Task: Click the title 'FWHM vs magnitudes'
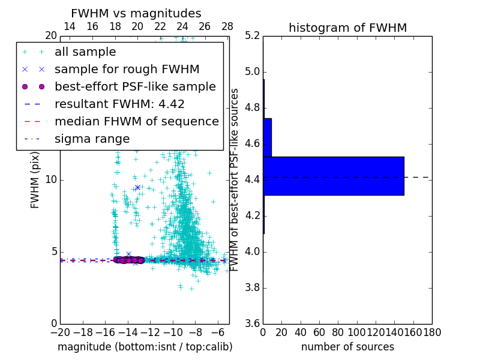136,13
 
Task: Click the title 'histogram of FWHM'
347,28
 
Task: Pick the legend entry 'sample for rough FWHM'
127,69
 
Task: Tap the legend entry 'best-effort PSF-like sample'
135,86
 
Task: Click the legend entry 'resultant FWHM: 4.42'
119,104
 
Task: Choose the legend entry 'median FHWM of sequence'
136,121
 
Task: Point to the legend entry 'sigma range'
92,139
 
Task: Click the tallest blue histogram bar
334,176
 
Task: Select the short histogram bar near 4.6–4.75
267,137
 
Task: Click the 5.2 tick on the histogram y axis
252,36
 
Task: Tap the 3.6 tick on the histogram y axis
252,323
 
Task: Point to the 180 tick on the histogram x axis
432,332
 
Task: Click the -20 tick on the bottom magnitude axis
60,332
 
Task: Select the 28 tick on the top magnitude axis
227,26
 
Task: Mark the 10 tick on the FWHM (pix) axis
51,180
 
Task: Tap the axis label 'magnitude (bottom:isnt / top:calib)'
145,347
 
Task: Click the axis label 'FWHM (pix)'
35,179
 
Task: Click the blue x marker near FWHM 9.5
137,187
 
